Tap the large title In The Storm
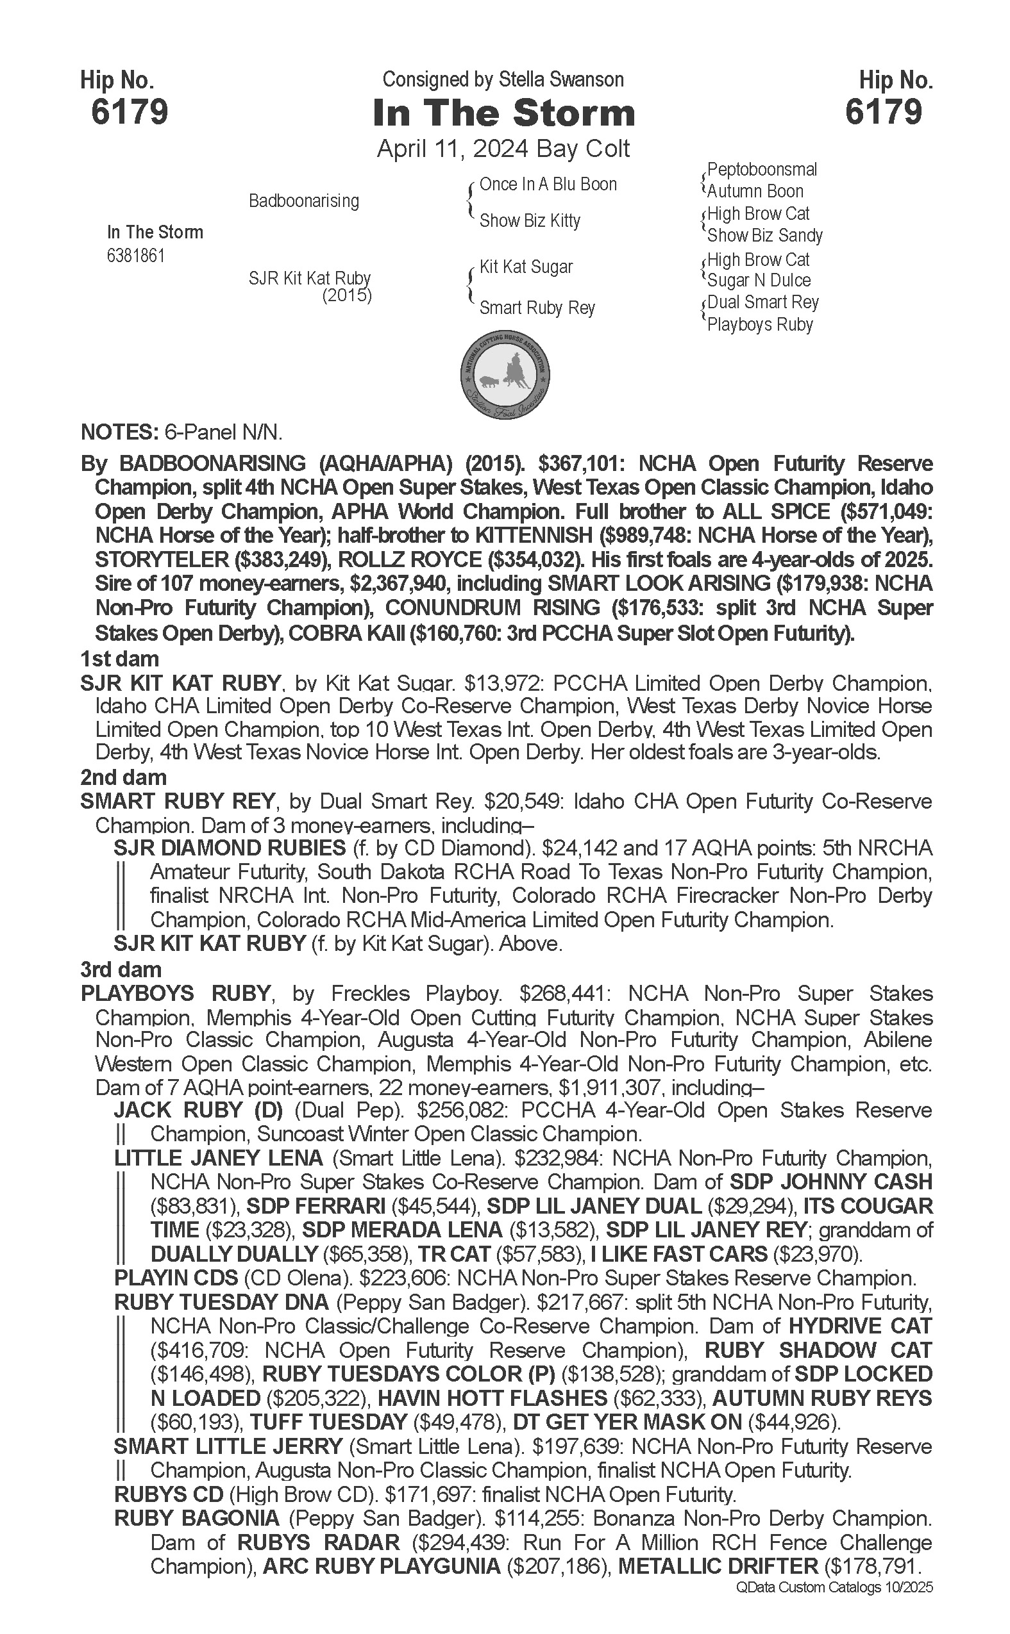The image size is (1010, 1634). (x=503, y=113)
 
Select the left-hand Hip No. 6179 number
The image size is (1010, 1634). (x=130, y=111)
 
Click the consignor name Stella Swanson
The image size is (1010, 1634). (x=561, y=79)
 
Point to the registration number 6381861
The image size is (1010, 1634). (x=135, y=256)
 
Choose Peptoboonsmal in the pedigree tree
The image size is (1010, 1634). (x=762, y=170)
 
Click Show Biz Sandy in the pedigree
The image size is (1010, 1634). (x=765, y=235)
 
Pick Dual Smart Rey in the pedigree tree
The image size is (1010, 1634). (x=763, y=302)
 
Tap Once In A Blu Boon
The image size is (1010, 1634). (x=548, y=185)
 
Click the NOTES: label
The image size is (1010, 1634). (x=117, y=432)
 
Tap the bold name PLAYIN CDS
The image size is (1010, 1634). (x=176, y=1278)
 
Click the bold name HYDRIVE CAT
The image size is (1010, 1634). (x=860, y=1326)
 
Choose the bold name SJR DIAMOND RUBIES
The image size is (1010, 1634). (x=230, y=848)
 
